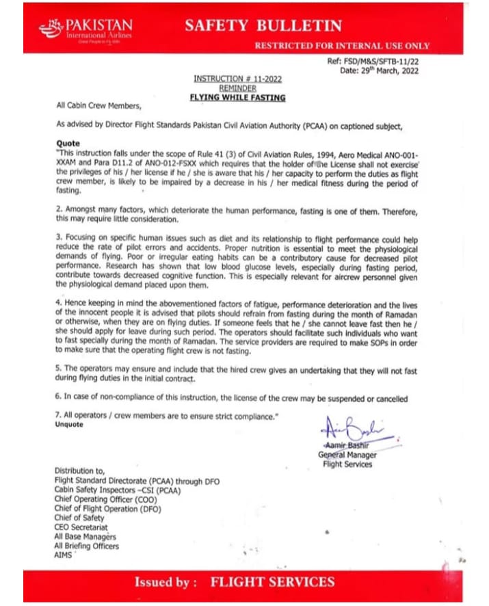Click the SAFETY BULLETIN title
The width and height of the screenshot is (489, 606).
pos(263,26)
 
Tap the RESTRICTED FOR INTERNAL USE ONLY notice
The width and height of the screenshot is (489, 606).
pos(342,46)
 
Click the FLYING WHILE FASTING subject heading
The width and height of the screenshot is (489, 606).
pos(237,98)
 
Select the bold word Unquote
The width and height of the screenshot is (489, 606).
pos(70,425)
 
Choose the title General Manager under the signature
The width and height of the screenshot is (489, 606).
pos(347,455)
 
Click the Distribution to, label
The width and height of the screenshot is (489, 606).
pos(80,471)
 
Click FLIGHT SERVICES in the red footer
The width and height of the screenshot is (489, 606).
pos(272,582)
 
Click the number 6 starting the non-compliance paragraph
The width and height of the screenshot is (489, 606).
pos(57,398)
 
